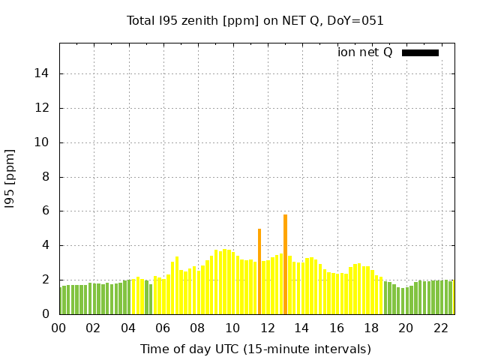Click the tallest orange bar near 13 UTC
[x=285, y=264]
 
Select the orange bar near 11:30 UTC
[x=259, y=271]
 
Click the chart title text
[x=255, y=20]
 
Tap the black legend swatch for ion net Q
[x=420, y=52]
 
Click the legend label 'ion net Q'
[x=365, y=52]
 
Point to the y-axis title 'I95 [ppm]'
[x=10, y=178]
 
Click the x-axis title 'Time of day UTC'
[x=255, y=349]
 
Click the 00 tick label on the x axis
[x=58, y=328]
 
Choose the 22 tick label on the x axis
[x=440, y=328]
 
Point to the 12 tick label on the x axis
[x=267, y=328]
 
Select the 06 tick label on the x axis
[x=163, y=328]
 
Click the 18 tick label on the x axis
[x=371, y=328]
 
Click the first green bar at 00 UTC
[x=61, y=301]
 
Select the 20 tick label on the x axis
[x=406, y=328]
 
